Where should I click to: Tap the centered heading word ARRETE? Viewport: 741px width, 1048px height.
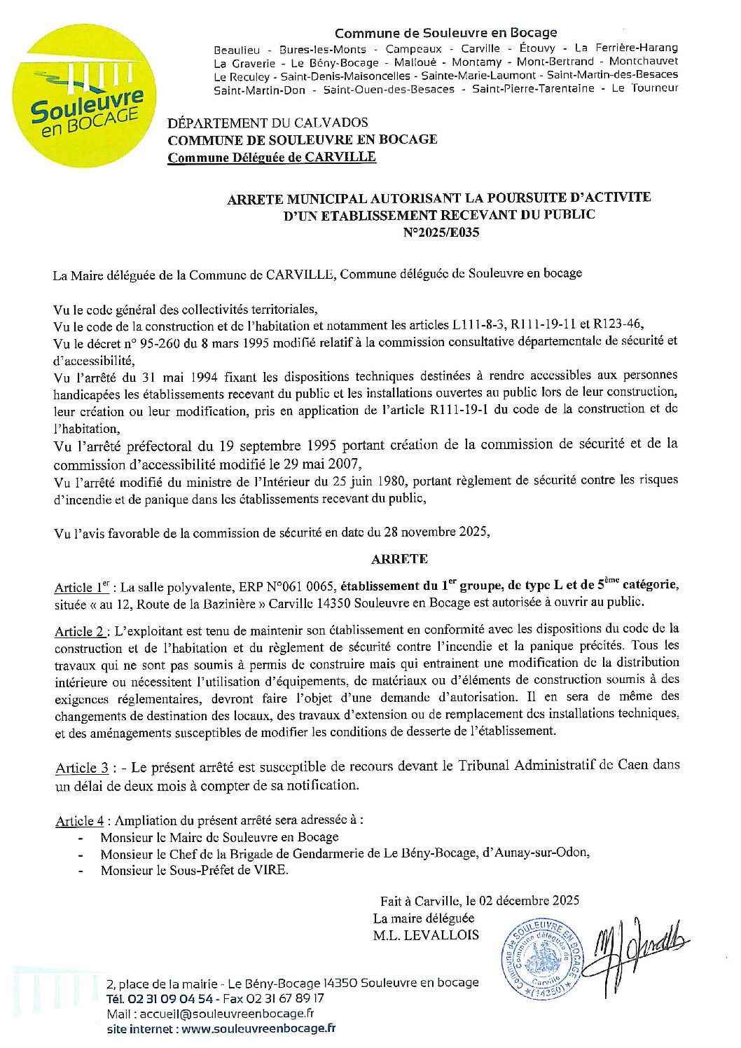pos(399,559)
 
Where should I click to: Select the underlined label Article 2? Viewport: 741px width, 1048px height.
pos(80,631)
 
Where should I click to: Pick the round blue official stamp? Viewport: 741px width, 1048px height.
pos(541,958)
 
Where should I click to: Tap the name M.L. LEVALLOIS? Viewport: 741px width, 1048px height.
pos(426,935)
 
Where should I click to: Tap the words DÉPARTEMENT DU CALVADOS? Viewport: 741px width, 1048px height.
pos(268,123)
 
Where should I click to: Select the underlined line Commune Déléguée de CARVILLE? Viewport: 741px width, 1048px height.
pos(272,157)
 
